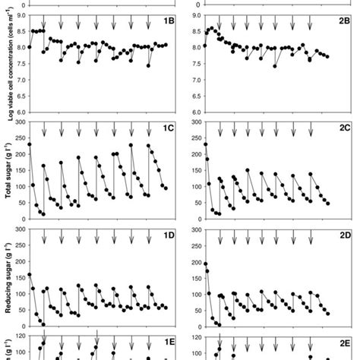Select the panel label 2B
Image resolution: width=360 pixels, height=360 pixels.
point(344,21)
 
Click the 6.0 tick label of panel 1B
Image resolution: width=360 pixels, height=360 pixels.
point(17,112)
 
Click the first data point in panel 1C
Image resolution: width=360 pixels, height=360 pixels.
point(30,144)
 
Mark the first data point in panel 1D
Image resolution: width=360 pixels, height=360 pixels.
point(30,275)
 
